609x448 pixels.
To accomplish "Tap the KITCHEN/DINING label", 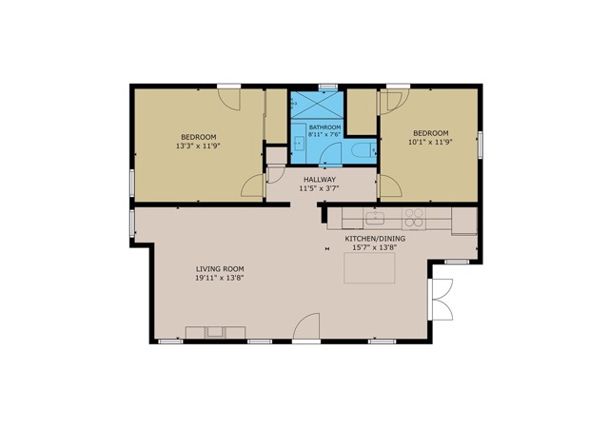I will (x=375, y=238).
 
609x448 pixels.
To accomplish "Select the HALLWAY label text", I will (x=319, y=179).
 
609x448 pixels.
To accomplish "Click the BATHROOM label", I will (x=324, y=127).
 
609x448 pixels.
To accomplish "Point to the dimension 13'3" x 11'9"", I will (x=197, y=146).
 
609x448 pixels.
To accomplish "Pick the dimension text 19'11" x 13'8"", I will (x=215, y=279).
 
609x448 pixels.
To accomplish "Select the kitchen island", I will (x=370, y=269).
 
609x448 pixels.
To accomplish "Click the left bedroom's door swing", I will (x=253, y=186).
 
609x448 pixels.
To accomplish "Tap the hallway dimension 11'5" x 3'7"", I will (x=319, y=189).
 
